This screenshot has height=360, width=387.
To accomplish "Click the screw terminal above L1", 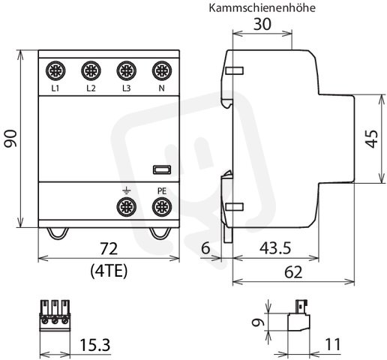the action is [x=55, y=70].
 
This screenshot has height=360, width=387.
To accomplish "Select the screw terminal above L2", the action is [x=91, y=70].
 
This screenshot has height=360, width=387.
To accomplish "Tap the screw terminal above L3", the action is [x=127, y=70].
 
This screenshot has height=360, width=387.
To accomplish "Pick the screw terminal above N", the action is [x=162, y=70].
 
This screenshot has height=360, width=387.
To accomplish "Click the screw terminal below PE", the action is [x=162, y=207].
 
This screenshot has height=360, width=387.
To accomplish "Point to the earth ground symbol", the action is [x=127, y=191].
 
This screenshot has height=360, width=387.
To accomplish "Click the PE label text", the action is [x=162, y=191].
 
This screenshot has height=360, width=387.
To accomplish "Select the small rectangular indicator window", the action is [x=162, y=169].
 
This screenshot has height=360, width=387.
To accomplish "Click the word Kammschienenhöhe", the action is [x=262, y=8].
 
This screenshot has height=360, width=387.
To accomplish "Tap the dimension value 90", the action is [x=11, y=139].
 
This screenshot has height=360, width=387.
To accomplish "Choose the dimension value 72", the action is [x=109, y=249].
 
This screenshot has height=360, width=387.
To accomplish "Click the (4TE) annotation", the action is [x=109, y=271].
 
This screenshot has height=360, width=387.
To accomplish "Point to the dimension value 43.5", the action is [x=275, y=248].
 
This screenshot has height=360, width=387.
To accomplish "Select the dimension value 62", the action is [x=293, y=272].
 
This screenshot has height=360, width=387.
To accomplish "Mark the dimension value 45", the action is [x=372, y=139].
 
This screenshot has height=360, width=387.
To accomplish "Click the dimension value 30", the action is [x=262, y=24].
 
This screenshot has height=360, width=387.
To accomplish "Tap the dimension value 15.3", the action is [x=95, y=345].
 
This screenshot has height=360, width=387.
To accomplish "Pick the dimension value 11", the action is [x=333, y=344].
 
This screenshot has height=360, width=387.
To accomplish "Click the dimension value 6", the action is [x=205, y=248].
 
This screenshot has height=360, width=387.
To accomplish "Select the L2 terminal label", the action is [x=91, y=88].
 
